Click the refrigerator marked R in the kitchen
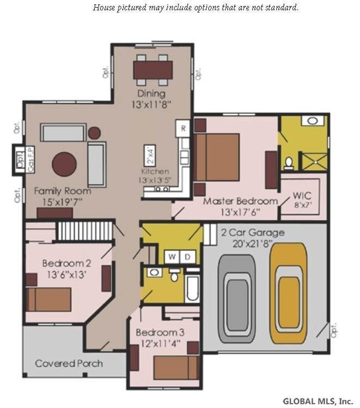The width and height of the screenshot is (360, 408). [183, 128]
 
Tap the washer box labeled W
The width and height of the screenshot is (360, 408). [172, 257]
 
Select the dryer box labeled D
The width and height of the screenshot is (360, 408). [187, 257]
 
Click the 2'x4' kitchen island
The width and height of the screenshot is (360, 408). [150, 156]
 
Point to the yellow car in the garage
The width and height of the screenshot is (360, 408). [289, 293]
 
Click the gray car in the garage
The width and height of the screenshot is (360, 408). [237, 299]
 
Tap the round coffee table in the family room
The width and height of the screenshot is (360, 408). [64, 164]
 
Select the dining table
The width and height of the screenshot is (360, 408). [153, 70]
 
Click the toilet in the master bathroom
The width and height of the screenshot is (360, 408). [289, 163]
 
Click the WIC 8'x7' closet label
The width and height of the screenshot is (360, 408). [302, 200]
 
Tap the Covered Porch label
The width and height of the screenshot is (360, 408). [69, 364]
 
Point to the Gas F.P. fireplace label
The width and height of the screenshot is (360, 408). [31, 159]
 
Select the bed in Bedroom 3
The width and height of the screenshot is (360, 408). [176, 368]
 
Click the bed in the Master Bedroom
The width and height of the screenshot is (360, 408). [217, 157]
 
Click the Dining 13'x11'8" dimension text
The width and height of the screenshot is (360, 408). [152, 99]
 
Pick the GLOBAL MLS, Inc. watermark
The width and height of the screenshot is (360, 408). [318, 401]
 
